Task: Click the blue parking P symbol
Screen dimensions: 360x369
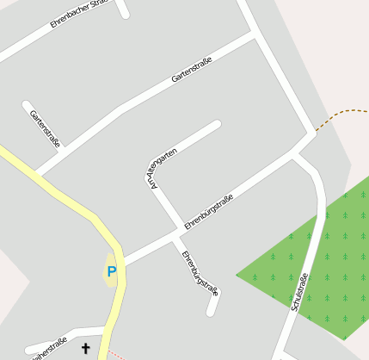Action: (x=112, y=272)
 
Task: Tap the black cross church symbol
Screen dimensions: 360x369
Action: (x=85, y=348)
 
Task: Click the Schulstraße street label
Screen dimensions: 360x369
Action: (x=300, y=293)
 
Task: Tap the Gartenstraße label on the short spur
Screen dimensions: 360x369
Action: (x=45, y=128)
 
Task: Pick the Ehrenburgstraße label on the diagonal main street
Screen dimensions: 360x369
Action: (x=209, y=212)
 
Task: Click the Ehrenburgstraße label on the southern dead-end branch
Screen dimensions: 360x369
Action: (x=200, y=274)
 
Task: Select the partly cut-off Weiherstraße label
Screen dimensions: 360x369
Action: (x=49, y=347)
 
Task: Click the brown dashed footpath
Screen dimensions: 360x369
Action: (x=340, y=115)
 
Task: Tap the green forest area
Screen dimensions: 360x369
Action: (x=318, y=258)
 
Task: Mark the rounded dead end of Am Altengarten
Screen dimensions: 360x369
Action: (x=217, y=125)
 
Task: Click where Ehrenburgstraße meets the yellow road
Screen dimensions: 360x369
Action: (x=123, y=261)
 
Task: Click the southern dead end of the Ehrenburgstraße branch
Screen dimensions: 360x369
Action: (x=211, y=312)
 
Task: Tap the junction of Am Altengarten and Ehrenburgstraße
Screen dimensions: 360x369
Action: (x=181, y=231)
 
